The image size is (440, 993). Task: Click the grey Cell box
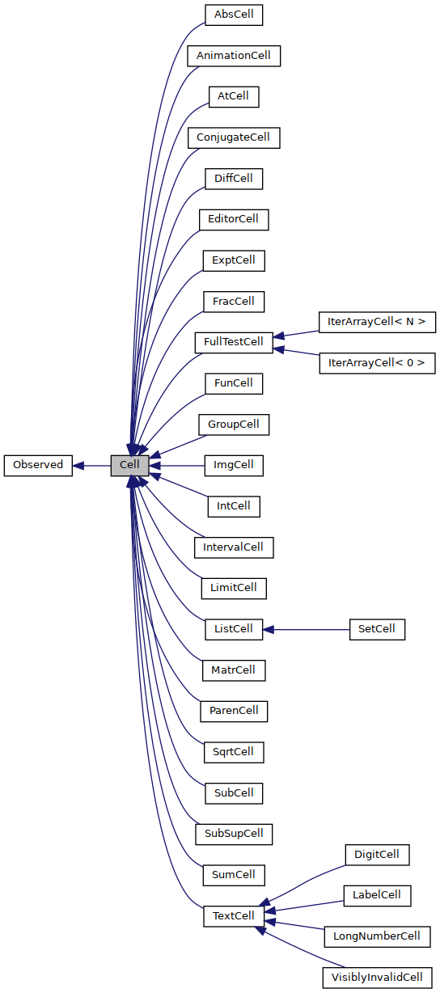[x=129, y=466]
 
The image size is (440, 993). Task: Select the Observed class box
[x=38, y=466]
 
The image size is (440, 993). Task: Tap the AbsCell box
[x=234, y=15]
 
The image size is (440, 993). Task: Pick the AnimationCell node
[x=234, y=56]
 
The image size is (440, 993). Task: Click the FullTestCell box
[x=234, y=343]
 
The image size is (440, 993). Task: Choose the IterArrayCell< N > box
[x=377, y=323]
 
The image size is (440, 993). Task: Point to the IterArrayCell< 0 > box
[x=377, y=363]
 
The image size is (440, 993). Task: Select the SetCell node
[x=377, y=629]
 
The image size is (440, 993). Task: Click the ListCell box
[x=234, y=629]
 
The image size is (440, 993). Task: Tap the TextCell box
[x=234, y=916]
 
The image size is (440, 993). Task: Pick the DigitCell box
[x=377, y=855]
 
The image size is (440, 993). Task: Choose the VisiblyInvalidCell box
[x=377, y=978]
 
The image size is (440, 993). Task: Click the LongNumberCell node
[x=377, y=936]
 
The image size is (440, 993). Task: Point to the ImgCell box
[x=234, y=466]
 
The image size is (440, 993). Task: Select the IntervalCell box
[x=234, y=547]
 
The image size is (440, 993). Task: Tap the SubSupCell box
[x=234, y=834]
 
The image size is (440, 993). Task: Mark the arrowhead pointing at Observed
[x=78, y=466]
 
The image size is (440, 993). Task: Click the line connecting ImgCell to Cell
[x=176, y=466]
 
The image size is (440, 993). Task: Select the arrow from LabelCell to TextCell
[x=304, y=906]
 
